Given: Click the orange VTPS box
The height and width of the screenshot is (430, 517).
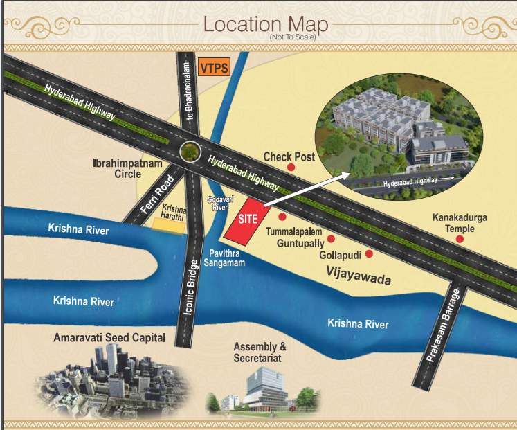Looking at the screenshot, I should point(213,68).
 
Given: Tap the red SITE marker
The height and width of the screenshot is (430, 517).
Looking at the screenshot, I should point(247,219).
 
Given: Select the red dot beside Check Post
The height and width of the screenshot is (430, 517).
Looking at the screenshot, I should point(291,167).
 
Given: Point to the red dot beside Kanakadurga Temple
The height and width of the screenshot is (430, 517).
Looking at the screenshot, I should point(460,239).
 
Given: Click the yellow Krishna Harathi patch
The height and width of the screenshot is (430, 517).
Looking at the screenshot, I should point(173,226).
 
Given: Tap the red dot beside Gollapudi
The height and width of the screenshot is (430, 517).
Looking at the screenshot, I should point(369,254).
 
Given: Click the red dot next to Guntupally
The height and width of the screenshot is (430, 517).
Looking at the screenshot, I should point(331,238).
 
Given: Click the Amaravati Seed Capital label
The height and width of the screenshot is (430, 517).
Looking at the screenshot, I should point(109,338).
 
